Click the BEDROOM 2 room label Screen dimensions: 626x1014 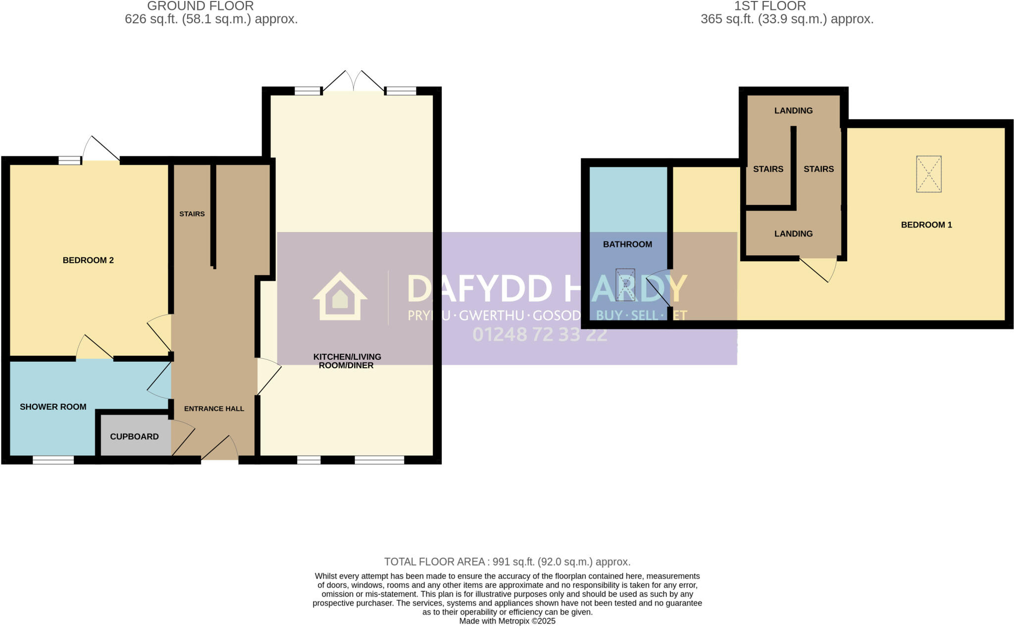pos(88,260)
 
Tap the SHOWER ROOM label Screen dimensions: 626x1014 pos(53,407)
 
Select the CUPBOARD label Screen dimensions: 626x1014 pos(134,436)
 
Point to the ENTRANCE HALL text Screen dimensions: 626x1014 pos(214,409)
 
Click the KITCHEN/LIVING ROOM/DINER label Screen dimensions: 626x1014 pos(347,361)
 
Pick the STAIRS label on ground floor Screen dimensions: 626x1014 pos(192,214)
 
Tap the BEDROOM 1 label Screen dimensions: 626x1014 pos(926,225)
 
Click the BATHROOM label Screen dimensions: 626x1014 pos(627,244)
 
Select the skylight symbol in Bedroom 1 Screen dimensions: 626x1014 pos(928,174)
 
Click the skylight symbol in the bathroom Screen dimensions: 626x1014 pos(625,285)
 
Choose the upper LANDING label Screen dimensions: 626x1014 pos(793,110)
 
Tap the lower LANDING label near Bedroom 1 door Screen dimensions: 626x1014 pos(793,234)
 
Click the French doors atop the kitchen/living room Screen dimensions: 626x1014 pos(354,82)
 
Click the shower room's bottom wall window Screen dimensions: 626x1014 pos(53,460)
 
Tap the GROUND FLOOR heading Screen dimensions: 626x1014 pos(200,6)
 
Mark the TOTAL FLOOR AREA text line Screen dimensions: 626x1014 pos(507,562)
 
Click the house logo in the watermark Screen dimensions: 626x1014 pos(340,296)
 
